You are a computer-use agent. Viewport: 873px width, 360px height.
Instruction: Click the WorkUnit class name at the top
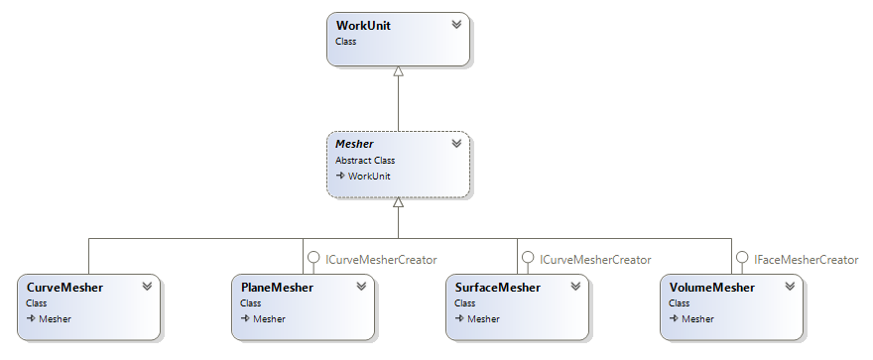pos(363,25)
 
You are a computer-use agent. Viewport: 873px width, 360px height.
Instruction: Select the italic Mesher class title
pos(354,144)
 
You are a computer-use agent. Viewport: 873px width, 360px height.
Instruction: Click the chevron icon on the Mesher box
pos(455,144)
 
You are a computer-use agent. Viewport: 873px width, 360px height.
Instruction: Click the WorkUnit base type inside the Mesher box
pos(368,176)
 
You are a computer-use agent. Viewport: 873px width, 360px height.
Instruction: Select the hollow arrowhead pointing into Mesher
pos(398,201)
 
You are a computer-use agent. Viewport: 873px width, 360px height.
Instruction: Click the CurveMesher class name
pos(64,288)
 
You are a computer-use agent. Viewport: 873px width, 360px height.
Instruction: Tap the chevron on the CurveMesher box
pos(147,287)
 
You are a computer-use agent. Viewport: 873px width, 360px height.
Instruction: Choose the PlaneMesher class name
pos(277,288)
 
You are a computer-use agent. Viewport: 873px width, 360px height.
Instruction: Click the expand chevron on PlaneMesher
pos(361,287)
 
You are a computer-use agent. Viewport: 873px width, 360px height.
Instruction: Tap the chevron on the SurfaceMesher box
pos(575,287)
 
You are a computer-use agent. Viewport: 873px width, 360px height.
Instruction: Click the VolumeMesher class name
pos(711,288)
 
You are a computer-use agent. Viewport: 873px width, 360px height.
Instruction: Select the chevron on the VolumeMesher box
pos(790,287)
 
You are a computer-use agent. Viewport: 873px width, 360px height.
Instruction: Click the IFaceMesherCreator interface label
pos(805,259)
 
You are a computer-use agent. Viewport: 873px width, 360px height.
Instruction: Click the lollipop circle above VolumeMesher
pos(741,258)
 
